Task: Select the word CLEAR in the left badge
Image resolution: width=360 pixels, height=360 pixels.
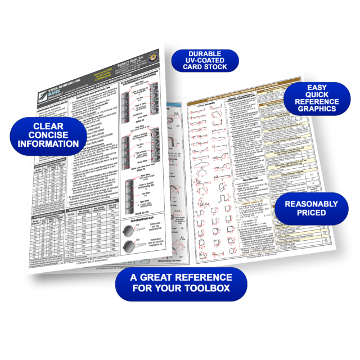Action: pyautogui.click(x=48, y=126)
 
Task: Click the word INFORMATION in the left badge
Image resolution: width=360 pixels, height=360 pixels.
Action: pyautogui.click(x=48, y=144)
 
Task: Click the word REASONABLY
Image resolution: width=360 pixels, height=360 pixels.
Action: pyautogui.click(x=311, y=203)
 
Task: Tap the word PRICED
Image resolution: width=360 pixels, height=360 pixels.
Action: pyautogui.click(x=311, y=213)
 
